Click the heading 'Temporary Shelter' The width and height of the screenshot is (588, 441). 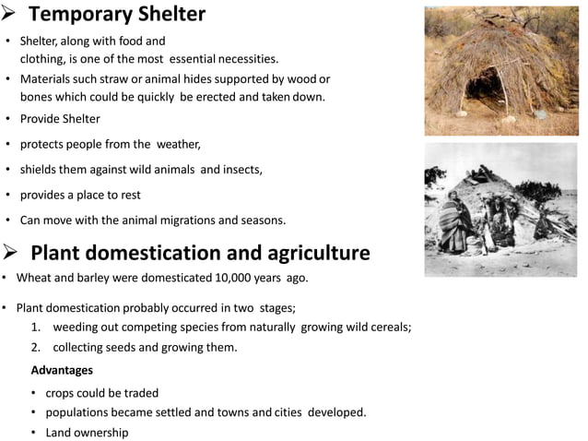[x=117, y=16]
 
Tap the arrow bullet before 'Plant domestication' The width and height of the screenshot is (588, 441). [x=13, y=253]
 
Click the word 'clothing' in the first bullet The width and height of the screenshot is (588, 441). [x=46, y=59]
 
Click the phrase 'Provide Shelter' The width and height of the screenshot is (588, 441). [x=60, y=120]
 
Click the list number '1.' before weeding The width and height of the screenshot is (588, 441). [x=36, y=328]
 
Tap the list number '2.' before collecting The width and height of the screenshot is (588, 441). [x=36, y=348]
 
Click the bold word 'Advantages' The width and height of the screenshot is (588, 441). [x=62, y=370]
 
